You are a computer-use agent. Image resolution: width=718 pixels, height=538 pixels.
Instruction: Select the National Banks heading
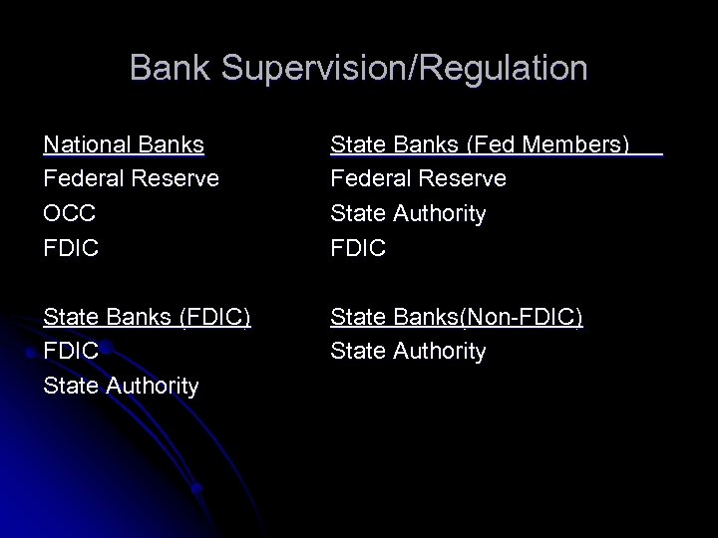pyautogui.click(x=124, y=145)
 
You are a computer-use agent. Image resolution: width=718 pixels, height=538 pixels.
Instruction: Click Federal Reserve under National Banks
pyautogui.click(x=132, y=179)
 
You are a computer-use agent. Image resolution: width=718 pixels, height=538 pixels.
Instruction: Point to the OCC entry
pyautogui.click(x=71, y=214)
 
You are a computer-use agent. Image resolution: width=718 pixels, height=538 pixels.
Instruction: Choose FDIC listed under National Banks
pyautogui.click(x=71, y=248)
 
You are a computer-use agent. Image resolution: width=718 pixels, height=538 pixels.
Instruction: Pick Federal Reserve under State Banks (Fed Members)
pyautogui.click(x=419, y=179)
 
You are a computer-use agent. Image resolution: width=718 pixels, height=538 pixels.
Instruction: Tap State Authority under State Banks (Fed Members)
pyautogui.click(x=408, y=214)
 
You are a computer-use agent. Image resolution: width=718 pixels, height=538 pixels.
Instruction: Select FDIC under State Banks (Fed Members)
pyautogui.click(x=358, y=248)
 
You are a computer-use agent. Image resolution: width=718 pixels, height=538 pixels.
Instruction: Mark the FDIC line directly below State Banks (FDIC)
pyautogui.click(x=71, y=351)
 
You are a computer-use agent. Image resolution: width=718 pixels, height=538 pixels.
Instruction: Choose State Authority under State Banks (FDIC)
pyautogui.click(x=121, y=386)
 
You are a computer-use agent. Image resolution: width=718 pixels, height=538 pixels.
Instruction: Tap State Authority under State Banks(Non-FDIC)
pyautogui.click(x=408, y=351)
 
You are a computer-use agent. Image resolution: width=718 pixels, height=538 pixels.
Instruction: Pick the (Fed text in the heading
pyautogui.click(x=484, y=145)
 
